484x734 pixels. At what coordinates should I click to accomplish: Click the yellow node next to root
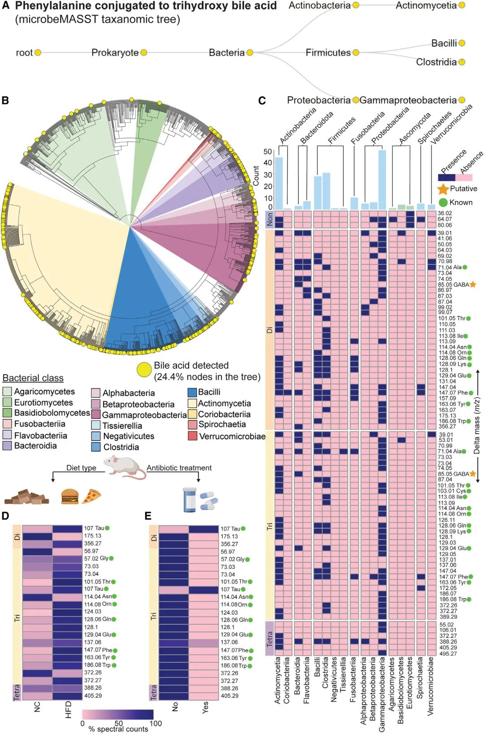coord(38,52)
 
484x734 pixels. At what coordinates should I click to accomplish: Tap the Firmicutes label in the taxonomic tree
coord(328,52)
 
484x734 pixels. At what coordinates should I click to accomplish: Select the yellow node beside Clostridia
coord(462,62)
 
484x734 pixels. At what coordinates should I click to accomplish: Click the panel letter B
coord(5,100)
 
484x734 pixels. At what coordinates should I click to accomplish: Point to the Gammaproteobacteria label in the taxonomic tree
coord(408,100)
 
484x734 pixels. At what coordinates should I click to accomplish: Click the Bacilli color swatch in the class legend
coord(192,392)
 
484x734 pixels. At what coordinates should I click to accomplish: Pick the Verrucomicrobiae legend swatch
coord(192,436)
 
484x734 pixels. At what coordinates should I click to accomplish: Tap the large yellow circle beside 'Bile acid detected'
coord(144,371)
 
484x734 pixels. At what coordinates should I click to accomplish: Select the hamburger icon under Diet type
coord(69,496)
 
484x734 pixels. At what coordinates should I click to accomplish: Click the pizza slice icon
coord(92,496)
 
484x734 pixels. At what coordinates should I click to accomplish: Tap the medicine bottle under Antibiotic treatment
coord(190,500)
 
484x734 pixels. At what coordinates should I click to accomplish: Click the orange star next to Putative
coord(443,189)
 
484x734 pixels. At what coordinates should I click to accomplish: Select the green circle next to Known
coord(443,203)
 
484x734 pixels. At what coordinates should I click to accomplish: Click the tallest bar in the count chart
coord(382,179)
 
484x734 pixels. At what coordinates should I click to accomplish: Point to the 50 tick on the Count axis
coord(268,151)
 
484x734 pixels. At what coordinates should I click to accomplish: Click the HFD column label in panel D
coord(68,710)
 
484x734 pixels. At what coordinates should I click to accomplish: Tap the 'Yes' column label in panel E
coord(205,708)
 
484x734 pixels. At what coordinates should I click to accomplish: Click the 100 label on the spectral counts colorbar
coord(156,723)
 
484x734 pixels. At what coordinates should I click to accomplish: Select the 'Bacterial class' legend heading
coord(33,378)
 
